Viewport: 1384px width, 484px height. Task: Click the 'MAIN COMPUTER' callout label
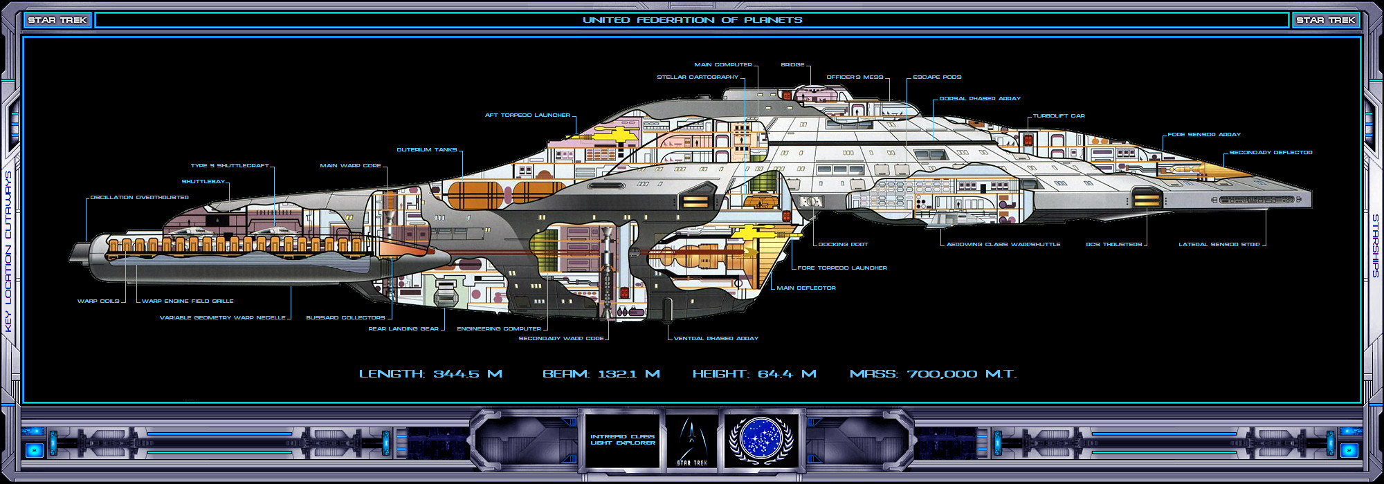click(x=723, y=65)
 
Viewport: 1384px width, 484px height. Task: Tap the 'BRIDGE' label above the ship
click(x=792, y=65)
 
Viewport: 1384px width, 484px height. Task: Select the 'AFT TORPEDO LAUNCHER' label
click(x=527, y=115)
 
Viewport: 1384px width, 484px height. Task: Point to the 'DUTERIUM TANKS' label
click(x=426, y=150)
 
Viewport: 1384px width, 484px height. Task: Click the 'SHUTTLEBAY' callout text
click(x=203, y=182)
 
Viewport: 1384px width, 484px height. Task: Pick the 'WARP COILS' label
click(x=98, y=301)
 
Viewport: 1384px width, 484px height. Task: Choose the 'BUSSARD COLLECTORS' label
click(x=345, y=318)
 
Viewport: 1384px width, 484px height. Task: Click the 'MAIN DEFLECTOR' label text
click(x=806, y=288)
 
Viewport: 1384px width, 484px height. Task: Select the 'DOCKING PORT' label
click(x=843, y=245)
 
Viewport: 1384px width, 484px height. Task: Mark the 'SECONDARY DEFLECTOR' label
click(x=1271, y=153)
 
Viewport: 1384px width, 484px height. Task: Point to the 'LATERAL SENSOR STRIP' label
click(x=1219, y=245)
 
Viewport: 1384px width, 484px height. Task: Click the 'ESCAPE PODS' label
click(x=937, y=77)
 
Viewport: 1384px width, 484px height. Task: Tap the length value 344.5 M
click(x=467, y=374)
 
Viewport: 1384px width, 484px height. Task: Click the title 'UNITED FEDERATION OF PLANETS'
click(x=692, y=20)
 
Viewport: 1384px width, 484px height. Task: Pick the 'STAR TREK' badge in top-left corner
click(x=57, y=20)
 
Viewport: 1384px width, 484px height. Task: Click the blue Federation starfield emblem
click(x=761, y=438)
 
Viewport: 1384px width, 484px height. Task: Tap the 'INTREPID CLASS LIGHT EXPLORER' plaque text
click(x=623, y=440)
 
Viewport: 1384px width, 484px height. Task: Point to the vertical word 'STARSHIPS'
click(x=1375, y=245)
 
